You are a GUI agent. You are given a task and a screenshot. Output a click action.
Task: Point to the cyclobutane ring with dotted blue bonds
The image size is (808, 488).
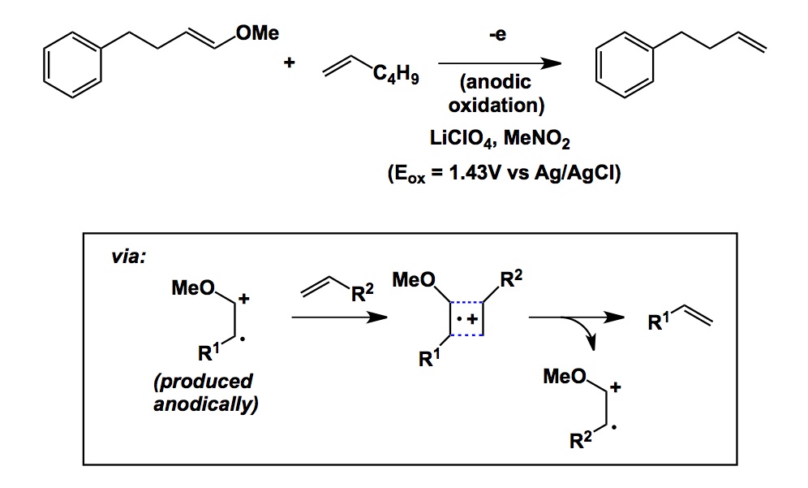point(467,318)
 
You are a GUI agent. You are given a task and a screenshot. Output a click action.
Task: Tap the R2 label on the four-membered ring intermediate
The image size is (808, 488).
point(511,282)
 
